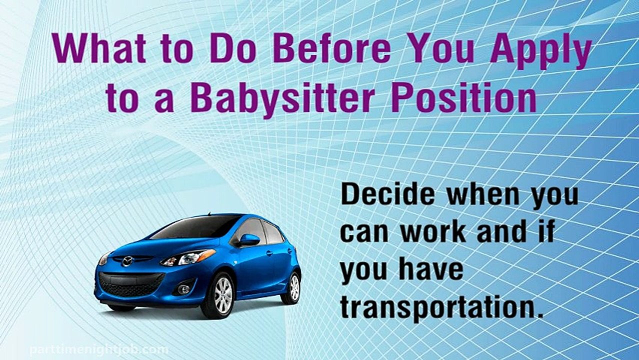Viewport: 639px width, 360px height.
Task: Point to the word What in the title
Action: (x=99, y=49)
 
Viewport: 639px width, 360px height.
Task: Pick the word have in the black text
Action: (x=431, y=270)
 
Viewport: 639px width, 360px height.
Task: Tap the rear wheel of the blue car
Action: (x=292, y=287)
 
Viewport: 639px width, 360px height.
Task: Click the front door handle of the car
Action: (x=269, y=253)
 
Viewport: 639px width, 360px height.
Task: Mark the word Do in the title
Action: (x=234, y=49)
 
